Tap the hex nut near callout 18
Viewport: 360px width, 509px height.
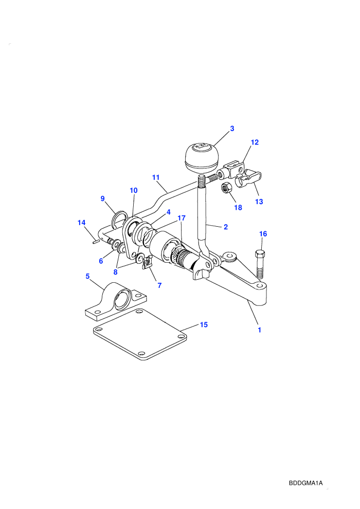pos(226,188)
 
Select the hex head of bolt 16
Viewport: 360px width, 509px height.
pos(260,254)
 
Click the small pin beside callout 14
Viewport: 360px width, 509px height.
pos(95,241)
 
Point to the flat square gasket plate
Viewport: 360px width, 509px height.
pos(140,334)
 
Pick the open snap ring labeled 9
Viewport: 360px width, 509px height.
pos(119,220)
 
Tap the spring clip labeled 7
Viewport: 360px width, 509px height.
pos(148,262)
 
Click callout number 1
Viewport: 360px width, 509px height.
pos(259,330)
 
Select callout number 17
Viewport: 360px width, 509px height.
pos(182,218)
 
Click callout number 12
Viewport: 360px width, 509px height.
pos(255,142)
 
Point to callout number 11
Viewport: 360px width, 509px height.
pos(156,177)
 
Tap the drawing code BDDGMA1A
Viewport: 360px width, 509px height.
pos(306,483)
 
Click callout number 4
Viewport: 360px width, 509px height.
pos(169,212)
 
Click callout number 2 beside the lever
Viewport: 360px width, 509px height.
pos(226,227)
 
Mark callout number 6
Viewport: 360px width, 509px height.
pos(101,261)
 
